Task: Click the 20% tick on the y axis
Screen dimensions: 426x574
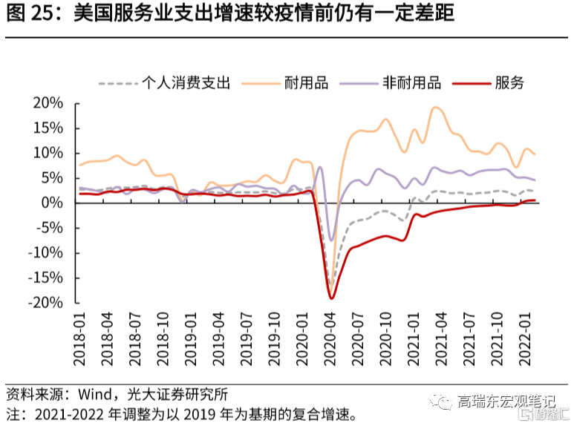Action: [x=49, y=102]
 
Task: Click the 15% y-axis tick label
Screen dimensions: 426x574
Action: [x=49, y=128]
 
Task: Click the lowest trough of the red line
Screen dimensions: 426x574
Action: [x=331, y=298]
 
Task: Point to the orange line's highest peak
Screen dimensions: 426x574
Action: [x=437, y=108]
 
